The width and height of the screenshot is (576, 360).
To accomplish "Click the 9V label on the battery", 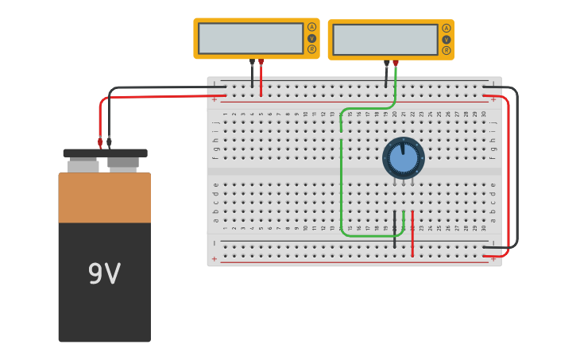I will coord(104,274).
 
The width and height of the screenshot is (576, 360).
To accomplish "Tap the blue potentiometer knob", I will coord(403,158).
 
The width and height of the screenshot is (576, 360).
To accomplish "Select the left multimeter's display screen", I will coord(250,38).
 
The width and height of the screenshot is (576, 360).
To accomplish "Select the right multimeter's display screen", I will coord(385,40).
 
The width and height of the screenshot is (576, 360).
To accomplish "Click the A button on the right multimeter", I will coord(446,28).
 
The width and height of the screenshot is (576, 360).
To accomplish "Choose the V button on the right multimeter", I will coord(446,40).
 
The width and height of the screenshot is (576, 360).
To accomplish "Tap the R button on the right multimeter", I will coord(446,51).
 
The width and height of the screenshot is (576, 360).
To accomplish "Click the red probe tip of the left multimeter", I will coord(261,62).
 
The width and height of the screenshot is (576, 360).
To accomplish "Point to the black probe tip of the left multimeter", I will coord(252,62).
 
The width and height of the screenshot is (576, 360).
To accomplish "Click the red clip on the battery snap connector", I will coord(100,142).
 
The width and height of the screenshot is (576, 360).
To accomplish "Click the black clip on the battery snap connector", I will coord(109,142).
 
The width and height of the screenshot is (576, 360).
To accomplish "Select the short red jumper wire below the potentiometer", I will coord(412,234).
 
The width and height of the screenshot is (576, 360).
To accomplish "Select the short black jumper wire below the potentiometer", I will coord(394,230).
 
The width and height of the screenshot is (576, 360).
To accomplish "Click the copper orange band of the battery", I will coord(104,198).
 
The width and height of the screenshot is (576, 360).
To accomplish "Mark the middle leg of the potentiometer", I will coord(403,182).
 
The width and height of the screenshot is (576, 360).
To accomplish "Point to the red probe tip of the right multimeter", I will coord(396,63).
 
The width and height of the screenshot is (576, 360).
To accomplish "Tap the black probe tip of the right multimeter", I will coord(387,63).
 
